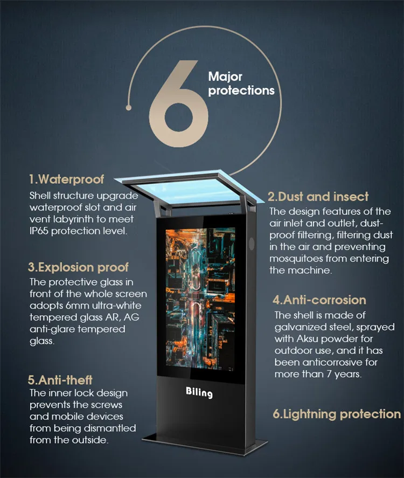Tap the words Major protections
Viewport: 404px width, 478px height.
(x=241, y=84)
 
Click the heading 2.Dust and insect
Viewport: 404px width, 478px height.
(x=318, y=197)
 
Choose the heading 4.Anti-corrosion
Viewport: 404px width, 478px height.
(x=319, y=300)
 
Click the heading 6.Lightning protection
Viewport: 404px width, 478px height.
(x=337, y=414)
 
